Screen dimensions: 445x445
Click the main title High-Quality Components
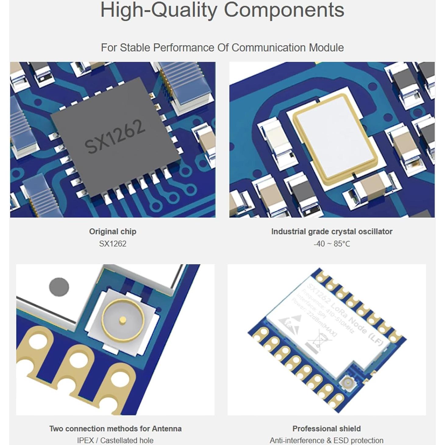point(222,10)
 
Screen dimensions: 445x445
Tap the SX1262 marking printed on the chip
point(115,136)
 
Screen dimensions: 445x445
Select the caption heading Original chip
point(112,231)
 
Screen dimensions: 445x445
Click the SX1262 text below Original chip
point(112,244)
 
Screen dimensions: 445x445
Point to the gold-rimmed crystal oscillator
point(334,139)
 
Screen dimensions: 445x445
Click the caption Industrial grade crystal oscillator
point(332,231)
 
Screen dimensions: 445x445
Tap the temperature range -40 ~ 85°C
point(332,244)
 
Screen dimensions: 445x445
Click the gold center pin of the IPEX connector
point(123,319)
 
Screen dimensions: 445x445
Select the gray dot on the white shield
point(59,287)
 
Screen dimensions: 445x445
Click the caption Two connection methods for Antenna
point(115,429)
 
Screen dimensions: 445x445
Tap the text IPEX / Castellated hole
point(115,440)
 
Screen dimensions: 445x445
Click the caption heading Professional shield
point(326,429)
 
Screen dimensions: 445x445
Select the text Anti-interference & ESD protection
point(326,440)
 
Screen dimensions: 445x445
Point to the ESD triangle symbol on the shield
point(289,324)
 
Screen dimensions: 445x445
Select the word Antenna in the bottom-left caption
point(167,429)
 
